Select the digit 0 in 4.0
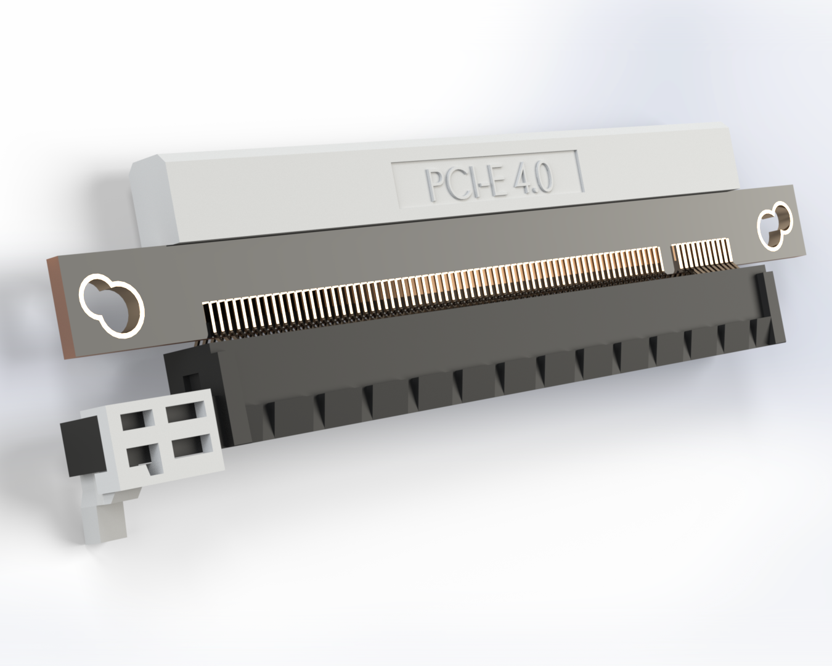click(x=544, y=178)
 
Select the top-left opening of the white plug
click(x=134, y=421)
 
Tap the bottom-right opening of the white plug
click(x=190, y=445)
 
